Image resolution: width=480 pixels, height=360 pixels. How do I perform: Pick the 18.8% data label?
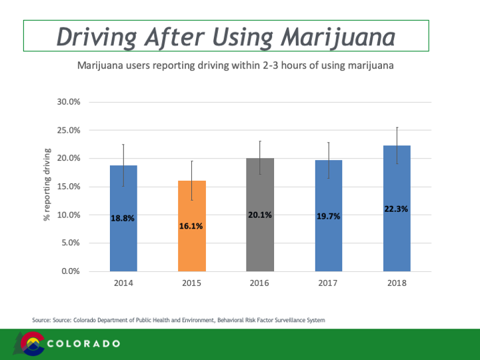[123, 217]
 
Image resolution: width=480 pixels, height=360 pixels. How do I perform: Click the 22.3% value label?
[397, 209]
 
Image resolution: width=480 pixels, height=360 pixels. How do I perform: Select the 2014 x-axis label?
[123, 283]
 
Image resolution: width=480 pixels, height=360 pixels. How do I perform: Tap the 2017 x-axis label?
[328, 283]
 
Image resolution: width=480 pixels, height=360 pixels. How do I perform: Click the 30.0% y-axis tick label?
[69, 102]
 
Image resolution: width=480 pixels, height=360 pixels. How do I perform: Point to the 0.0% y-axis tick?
[71, 271]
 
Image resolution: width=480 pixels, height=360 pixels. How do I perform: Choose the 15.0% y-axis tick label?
[69, 187]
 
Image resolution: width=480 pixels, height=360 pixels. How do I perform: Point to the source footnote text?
[179, 321]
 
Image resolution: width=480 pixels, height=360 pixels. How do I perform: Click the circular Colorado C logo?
[33, 344]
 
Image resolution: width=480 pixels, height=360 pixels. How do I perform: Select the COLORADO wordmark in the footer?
[84, 343]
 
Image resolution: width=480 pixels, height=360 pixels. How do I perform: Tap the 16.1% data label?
[191, 226]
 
